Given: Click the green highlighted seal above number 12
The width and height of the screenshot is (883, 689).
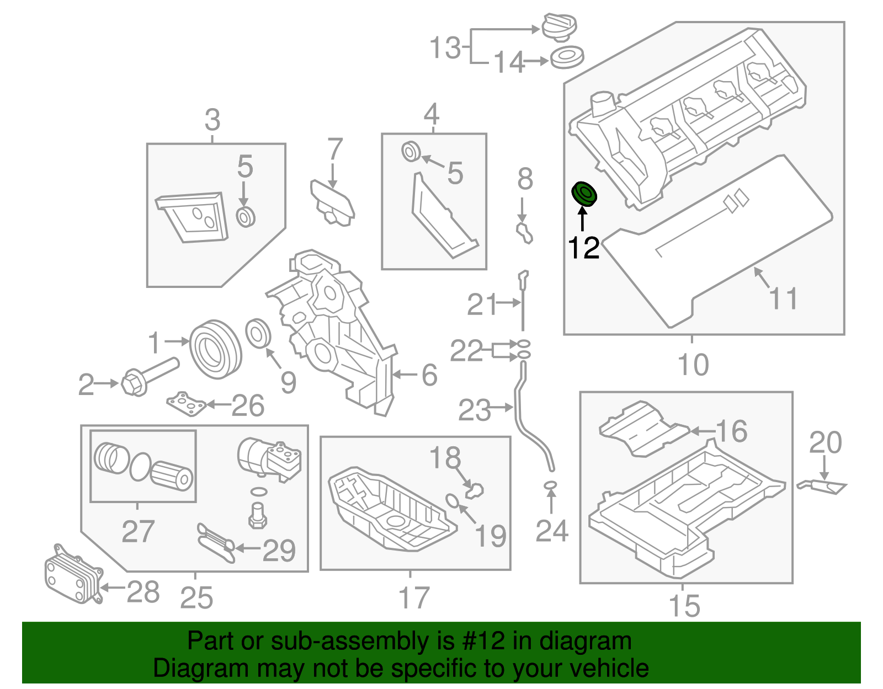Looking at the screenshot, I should pyautogui.click(x=584, y=194).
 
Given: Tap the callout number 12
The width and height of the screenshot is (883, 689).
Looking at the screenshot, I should pyautogui.click(x=583, y=248).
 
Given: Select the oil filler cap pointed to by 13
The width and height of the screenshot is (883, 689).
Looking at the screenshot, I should pyautogui.click(x=559, y=26).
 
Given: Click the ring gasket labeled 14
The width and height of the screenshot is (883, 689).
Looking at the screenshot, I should pyautogui.click(x=567, y=57).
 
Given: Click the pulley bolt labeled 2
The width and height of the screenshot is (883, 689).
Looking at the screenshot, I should pyautogui.click(x=146, y=376).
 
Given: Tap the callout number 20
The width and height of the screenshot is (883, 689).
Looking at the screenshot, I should pyautogui.click(x=825, y=442).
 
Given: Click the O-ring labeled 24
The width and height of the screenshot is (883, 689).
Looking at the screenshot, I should pyautogui.click(x=550, y=485).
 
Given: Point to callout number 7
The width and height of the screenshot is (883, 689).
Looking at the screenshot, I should pyautogui.click(x=334, y=150).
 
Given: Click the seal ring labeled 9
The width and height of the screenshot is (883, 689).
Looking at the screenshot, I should pyautogui.click(x=258, y=333).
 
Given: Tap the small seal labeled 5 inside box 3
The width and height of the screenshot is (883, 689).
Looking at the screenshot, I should pyautogui.click(x=246, y=216).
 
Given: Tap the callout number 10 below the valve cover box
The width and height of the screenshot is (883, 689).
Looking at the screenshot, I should pyautogui.click(x=693, y=365).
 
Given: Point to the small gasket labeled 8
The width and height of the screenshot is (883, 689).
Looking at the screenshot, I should pyautogui.click(x=524, y=232).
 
